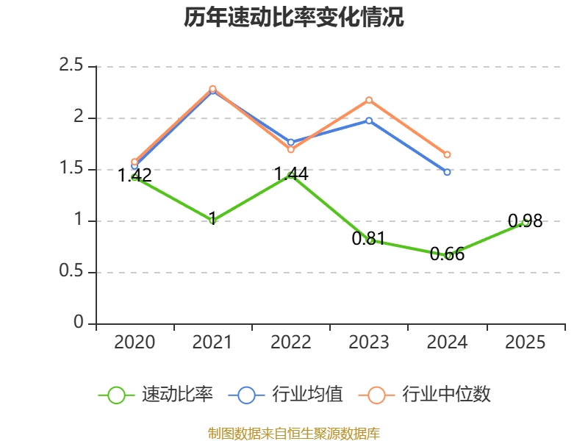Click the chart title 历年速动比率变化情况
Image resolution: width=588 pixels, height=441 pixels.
pos(293,17)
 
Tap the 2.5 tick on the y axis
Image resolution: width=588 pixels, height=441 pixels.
pos(71,65)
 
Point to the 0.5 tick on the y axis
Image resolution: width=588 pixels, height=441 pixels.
pos(71,270)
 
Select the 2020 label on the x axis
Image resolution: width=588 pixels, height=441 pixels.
pos(135,342)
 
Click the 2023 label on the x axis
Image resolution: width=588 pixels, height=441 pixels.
pos(369,342)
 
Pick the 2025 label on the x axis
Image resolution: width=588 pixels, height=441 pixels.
pos(525,342)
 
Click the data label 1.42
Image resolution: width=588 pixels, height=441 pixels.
pos(135,175)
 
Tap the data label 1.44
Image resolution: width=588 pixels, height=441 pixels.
pos(291,174)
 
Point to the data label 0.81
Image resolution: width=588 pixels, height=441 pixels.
pos(369,238)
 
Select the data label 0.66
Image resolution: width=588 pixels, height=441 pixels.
pos(447,254)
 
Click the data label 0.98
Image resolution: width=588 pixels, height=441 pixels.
pos(525,221)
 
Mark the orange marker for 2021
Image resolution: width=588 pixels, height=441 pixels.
pos(212,89)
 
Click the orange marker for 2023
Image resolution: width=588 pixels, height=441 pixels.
pos(369,100)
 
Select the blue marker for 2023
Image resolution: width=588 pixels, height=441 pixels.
pos(369,121)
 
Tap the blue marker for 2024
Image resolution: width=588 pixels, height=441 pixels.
pos(447,172)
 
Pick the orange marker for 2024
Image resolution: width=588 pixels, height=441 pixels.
pos(447,154)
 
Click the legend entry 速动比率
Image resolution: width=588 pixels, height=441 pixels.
pos(156,395)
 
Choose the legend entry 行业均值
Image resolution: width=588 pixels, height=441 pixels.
pos(286,395)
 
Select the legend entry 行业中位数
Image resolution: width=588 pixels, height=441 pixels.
pos(425,395)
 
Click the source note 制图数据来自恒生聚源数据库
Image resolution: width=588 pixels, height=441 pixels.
pos(294,434)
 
